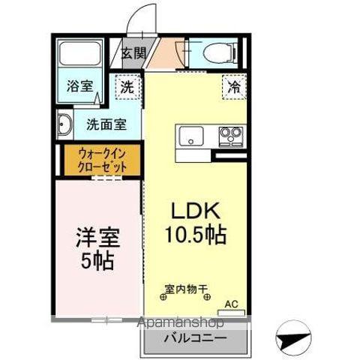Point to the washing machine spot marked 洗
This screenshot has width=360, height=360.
coord(128,88)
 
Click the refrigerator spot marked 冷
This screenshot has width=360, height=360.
coord(235,88)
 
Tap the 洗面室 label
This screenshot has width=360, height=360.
coord(105,124)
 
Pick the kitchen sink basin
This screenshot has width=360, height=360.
coord(191,136)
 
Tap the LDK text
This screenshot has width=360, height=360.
coord(196,211)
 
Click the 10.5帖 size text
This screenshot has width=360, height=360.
coord(196,235)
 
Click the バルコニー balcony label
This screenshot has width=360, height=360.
coord(196,339)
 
